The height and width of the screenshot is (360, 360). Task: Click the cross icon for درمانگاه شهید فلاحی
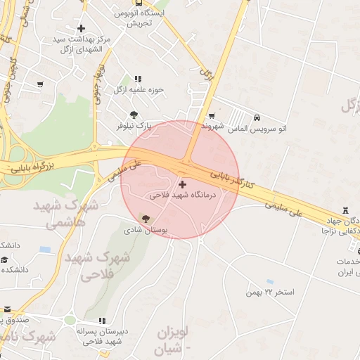183,184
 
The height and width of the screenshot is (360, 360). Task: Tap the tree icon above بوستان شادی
146,219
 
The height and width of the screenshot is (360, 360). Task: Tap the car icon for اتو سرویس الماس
257,117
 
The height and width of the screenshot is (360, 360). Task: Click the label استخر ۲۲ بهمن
271,291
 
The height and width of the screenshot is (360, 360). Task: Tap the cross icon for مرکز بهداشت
82,29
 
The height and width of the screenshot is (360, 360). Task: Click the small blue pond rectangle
46,250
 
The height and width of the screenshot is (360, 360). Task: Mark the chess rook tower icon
345,211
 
